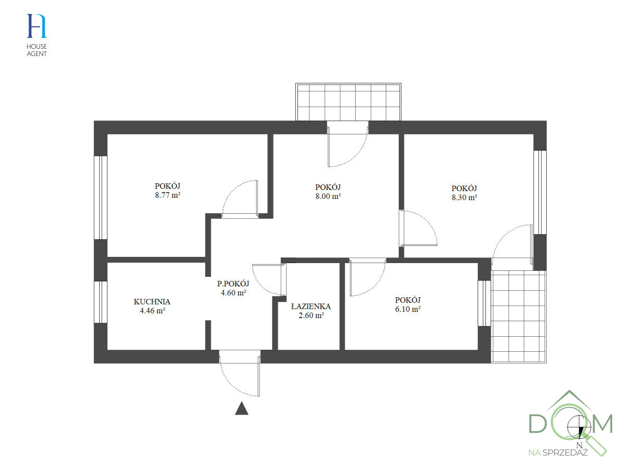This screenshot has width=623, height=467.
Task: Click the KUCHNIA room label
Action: click(152, 301)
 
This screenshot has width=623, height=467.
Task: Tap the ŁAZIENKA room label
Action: click(311, 306)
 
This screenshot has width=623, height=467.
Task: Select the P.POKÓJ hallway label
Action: click(233, 284)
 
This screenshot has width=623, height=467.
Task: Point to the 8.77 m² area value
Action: click(167, 196)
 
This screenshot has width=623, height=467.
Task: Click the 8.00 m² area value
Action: click(328, 196)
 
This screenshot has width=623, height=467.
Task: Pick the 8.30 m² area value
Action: click(464, 197)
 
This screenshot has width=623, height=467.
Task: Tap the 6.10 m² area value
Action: click(408, 309)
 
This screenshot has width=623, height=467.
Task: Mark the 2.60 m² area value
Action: click(311, 315)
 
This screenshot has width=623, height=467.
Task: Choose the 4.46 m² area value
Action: click(152, 311)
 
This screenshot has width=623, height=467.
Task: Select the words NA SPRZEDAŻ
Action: click(558, 452)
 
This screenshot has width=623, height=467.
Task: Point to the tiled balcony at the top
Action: click(349, 102)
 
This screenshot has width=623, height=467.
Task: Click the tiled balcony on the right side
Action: click(518, 317)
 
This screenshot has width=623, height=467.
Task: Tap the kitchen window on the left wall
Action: click(100, 301)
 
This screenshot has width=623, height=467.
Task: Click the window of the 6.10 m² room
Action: click(484, 303)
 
